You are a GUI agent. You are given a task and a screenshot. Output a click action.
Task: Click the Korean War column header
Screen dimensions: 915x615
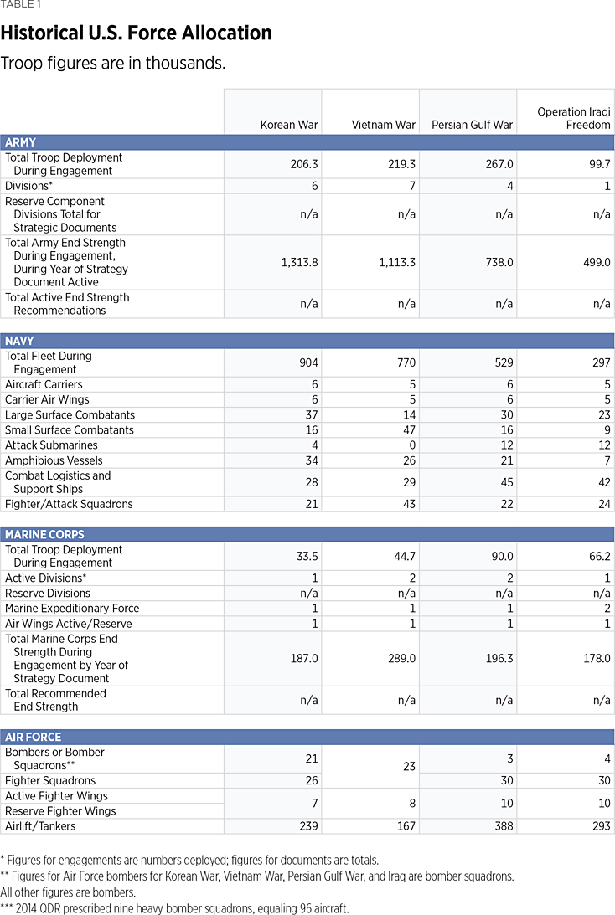[289, 125]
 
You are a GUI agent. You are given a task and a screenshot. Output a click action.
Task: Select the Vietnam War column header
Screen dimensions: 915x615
[384, 125]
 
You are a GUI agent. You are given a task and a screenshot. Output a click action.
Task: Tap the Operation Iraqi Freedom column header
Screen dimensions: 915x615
[574, 118]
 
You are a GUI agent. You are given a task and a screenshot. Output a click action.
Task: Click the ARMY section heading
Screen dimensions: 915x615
[21, 142]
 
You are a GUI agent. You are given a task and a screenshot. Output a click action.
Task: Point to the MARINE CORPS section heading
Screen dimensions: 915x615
[44, 534]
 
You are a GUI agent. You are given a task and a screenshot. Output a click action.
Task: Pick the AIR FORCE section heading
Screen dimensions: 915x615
[34, 737]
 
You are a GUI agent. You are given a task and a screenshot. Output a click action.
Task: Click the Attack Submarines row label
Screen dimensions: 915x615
[51, 445]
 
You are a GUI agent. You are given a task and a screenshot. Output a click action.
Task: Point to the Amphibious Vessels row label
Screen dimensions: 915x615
[54, 460]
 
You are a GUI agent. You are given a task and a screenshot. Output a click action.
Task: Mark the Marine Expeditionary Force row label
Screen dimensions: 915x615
[72, 609]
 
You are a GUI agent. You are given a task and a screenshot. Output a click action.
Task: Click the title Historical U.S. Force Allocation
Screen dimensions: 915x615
[136, 33]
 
